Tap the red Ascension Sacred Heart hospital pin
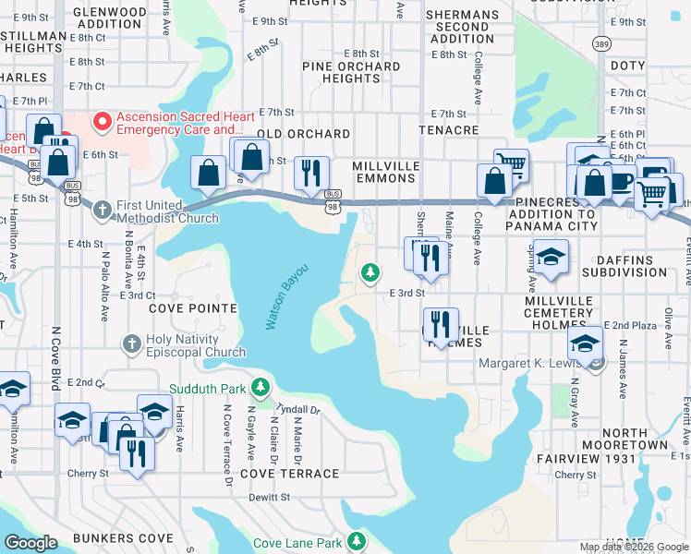(102, 121)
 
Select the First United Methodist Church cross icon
(103, 209)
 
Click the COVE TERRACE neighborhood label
(289, 474)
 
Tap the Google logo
(31, 543)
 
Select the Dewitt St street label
(270, 497)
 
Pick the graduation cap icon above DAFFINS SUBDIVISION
(551, 258)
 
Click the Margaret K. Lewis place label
(531, 363)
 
